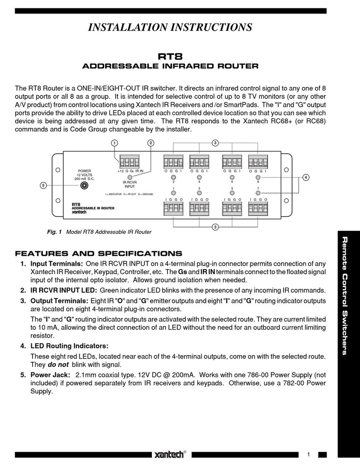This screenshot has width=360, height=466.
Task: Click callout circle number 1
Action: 115,143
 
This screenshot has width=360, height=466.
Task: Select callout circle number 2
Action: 151,143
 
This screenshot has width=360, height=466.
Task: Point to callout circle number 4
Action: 305,178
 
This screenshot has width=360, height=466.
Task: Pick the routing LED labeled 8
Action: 258,177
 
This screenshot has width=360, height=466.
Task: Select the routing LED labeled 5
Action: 231,193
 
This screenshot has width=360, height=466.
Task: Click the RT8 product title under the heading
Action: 171,57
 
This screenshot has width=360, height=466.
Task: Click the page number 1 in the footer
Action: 308,454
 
